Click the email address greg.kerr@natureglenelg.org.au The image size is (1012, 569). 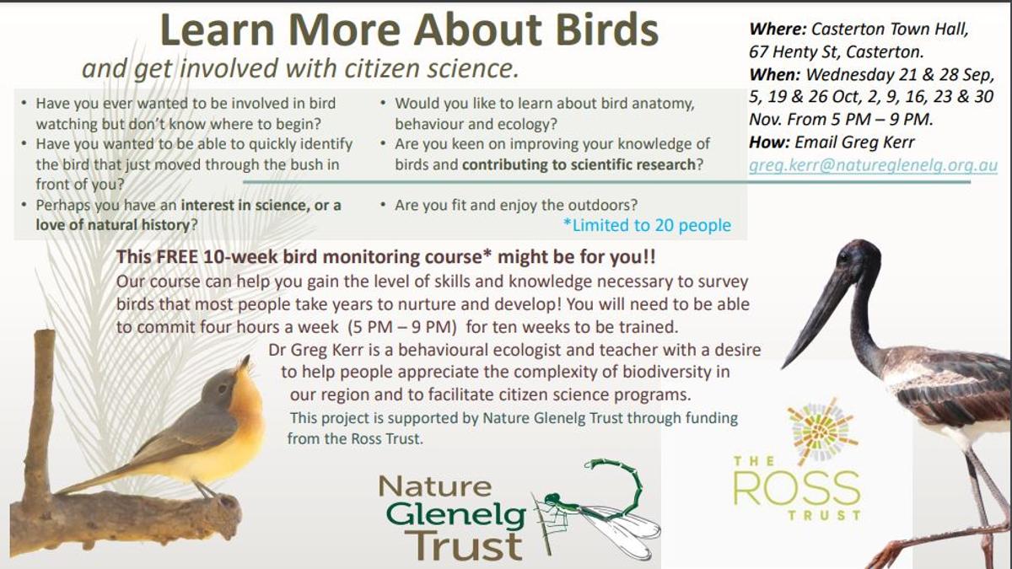pos(873,166)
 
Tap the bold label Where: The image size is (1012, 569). pos(778,30)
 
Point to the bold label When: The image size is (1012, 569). pos(774,74)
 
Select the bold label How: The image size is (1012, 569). pos(769,142)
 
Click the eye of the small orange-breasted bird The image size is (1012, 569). pos(222,389)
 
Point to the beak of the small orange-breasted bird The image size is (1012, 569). pos(245,362)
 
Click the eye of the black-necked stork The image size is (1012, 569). pos(843,258)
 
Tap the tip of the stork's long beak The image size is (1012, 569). pos(783,367)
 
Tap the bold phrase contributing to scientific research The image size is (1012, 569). pos(579,165)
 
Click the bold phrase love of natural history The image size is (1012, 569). pos(113,225)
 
